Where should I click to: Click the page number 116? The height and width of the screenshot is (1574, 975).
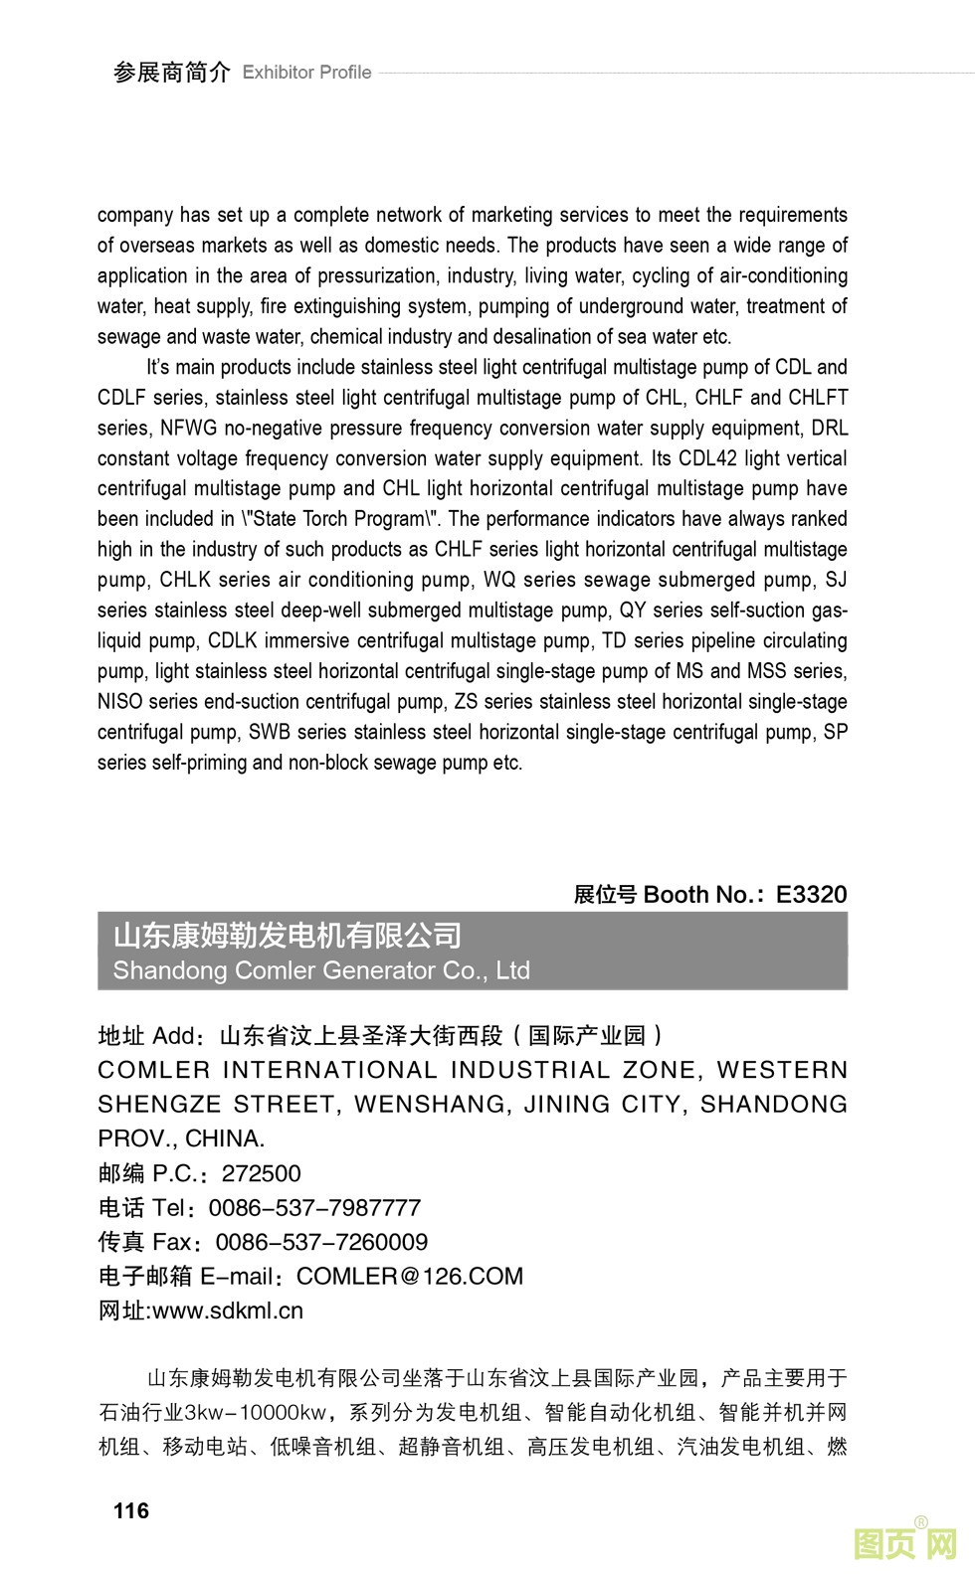point(131,1510)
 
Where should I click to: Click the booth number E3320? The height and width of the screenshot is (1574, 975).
point(811,894)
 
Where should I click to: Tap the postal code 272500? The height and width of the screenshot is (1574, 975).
point(261,1173)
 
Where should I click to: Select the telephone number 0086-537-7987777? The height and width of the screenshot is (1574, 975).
point(314,1207)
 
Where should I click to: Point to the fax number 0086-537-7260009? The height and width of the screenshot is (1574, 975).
point(321,1242)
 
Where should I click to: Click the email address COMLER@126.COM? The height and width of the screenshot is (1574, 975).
point(410,1276)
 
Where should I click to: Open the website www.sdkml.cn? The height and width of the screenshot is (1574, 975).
point(228,1311)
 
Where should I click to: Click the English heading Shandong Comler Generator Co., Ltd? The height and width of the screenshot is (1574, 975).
point(321,970)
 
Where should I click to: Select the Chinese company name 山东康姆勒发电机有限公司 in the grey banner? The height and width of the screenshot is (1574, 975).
point(288,936)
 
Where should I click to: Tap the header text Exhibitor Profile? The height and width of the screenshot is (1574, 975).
point(306,73)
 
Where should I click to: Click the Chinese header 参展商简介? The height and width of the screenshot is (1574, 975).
point(171,73)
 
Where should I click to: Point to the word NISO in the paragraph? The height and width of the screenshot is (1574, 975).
point(119,702)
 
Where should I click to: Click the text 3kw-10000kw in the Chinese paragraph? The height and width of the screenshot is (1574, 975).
point(255,1412)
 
